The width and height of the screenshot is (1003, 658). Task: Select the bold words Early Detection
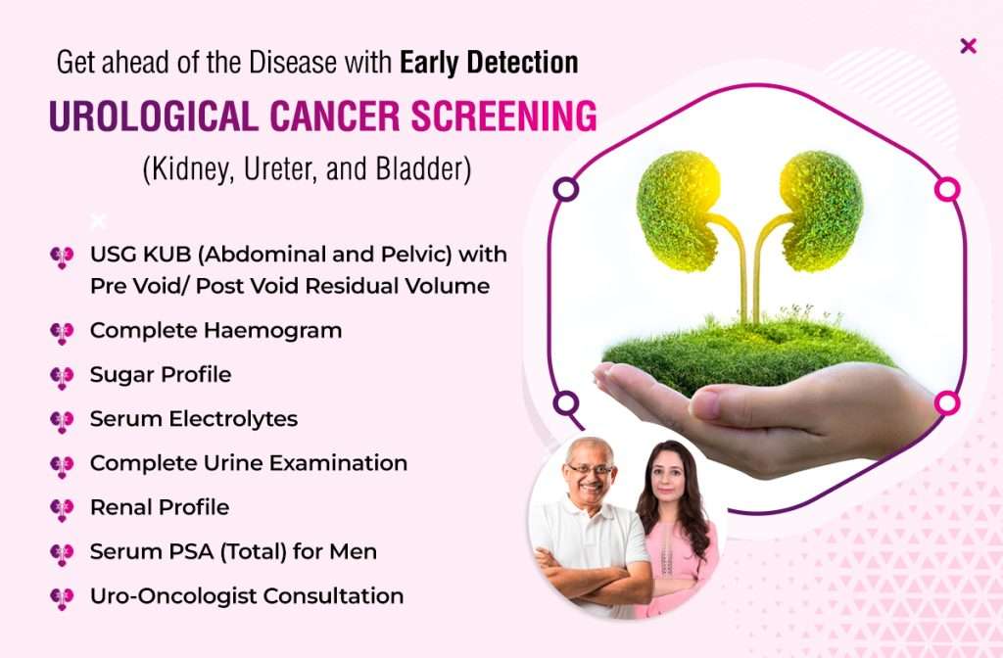click(x=489, y=62)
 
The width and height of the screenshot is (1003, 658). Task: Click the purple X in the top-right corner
click(x=969, y=46)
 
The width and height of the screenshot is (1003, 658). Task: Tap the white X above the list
click(x=98, y=221)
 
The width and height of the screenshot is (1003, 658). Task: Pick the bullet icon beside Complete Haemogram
click(x=62, y=333)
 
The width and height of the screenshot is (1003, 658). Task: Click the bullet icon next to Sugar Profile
click(x=62, y=377)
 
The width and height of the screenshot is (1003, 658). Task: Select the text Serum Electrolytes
click(x=194, y=419)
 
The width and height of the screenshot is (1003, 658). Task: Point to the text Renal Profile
click(x=160, y=507)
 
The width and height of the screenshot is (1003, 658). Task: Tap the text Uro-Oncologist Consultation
click(x=247, y=596)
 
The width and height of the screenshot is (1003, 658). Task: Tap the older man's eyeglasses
click(x=590, y=469)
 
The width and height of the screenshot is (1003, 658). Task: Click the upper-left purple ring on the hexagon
click(x=565, y=189)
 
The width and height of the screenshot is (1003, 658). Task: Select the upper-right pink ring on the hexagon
click(x=947, y=189)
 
